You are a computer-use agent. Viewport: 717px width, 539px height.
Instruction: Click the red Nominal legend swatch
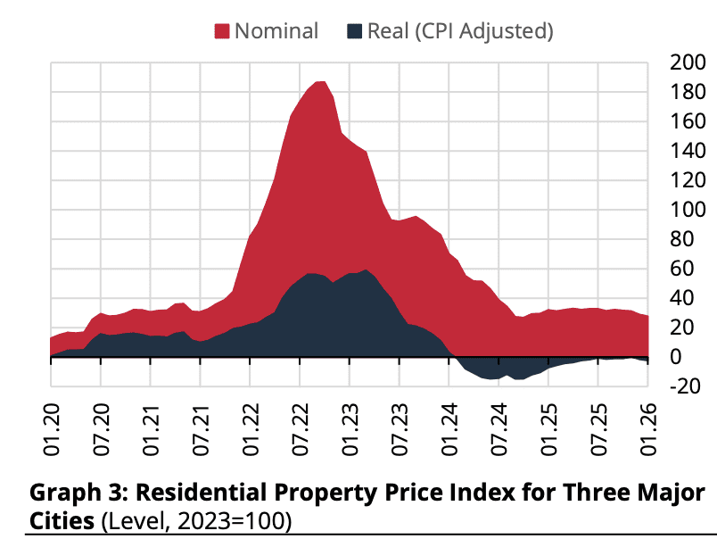[x=222, y=31]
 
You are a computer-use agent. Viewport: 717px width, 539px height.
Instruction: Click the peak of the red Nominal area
[x=321, y=82]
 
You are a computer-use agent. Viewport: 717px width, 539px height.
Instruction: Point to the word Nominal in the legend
[x=276, y=31]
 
